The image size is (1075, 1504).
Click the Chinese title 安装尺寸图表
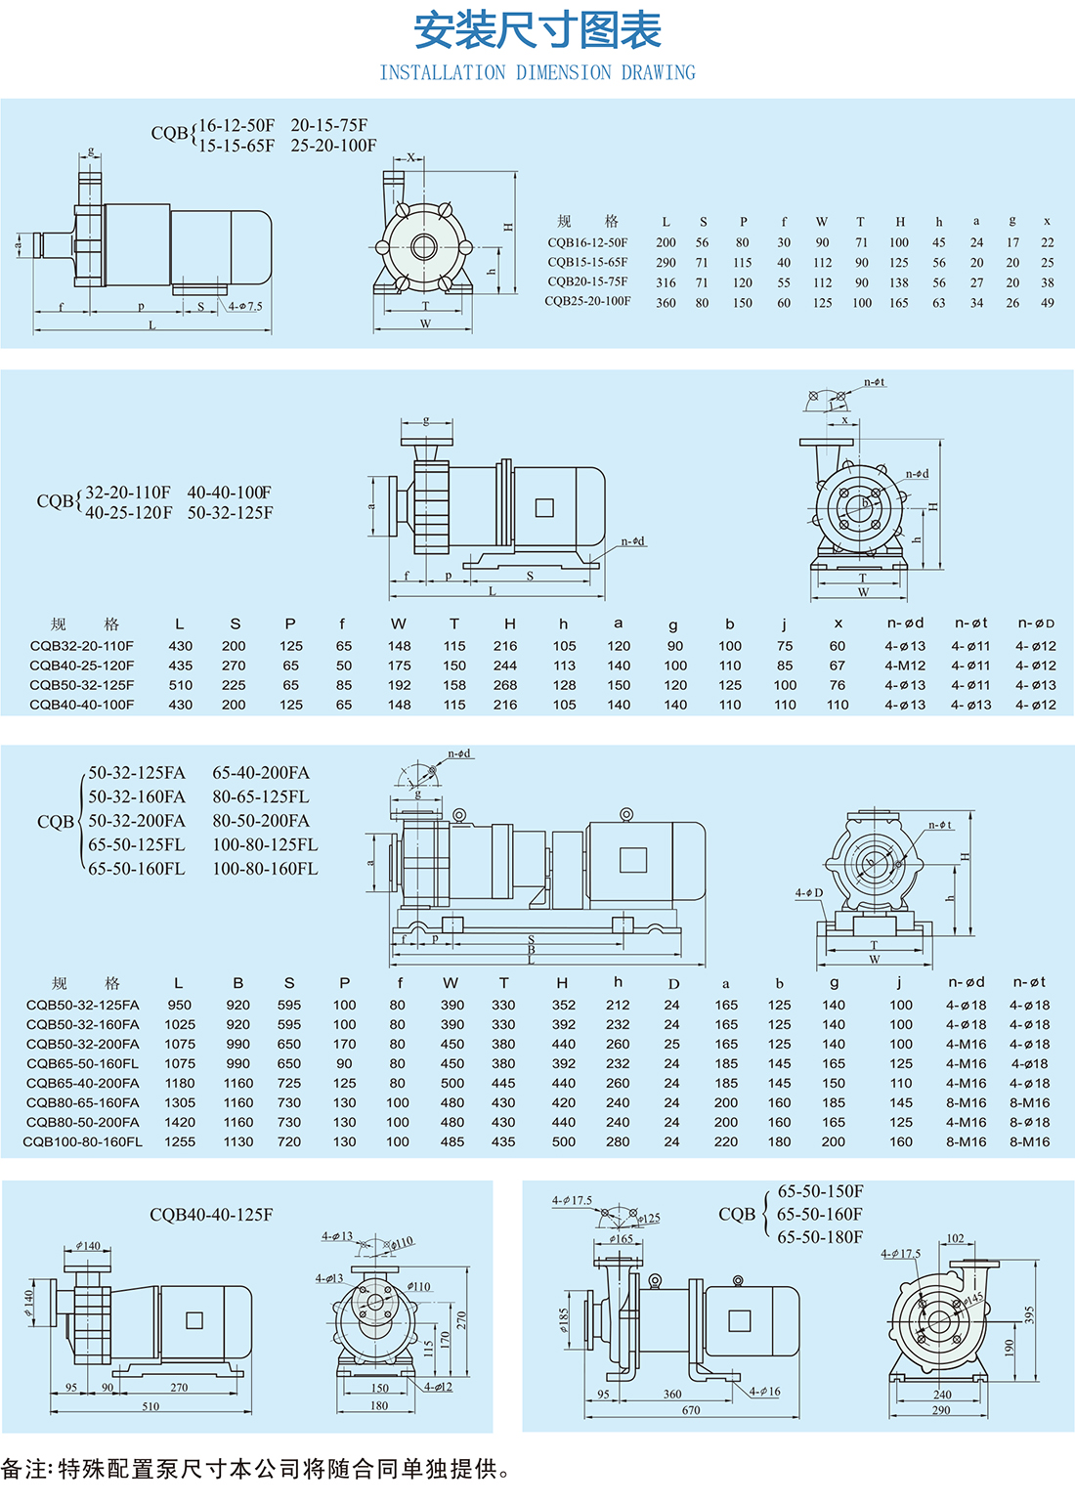(x=537, y=30)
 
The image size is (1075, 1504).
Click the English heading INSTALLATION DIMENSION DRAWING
(x=537, y=72)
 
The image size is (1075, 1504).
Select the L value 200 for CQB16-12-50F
(x=666, y=242)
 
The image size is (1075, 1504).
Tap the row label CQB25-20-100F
(x=587, y=301)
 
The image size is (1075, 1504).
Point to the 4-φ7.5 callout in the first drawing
(x=245, y=306)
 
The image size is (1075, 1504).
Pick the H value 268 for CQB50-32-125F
(x=505, y=685)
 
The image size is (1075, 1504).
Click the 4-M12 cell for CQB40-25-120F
(x=904, y=666)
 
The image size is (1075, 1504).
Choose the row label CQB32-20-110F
(x=82, y=646)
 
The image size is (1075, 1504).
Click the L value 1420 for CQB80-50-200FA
(x=179, y=1122)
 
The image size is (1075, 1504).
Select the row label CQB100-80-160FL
(x=83, y=1141)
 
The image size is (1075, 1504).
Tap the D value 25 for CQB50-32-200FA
(x=671, y=1044)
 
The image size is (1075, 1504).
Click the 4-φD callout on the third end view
(x=808, y=892)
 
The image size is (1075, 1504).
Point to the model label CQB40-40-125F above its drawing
(x=211, y=1215)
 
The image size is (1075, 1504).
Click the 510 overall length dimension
(x=150, y=1406)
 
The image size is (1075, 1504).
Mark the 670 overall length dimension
(x=691, y=1410)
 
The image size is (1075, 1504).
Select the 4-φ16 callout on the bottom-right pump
(x=765, y=1392)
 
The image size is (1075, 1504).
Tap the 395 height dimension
(x=1029, y=1314)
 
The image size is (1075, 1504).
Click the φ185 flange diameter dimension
(x=563, y=1319)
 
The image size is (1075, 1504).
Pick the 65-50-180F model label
(x=820, y=1237)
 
